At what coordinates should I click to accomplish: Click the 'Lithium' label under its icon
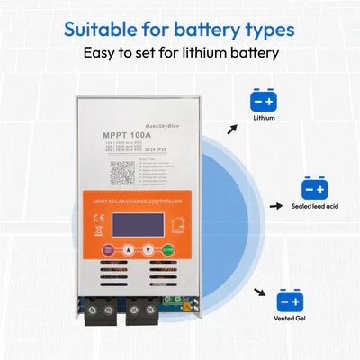pos(265,117)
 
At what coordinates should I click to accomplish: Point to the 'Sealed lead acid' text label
pos(315,209)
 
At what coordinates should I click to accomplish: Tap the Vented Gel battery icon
pos(289,300)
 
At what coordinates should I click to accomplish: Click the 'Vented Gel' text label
pos(289,319)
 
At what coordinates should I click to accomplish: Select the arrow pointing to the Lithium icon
pos(232,129)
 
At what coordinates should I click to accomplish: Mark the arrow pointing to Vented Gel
pos(261,293)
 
